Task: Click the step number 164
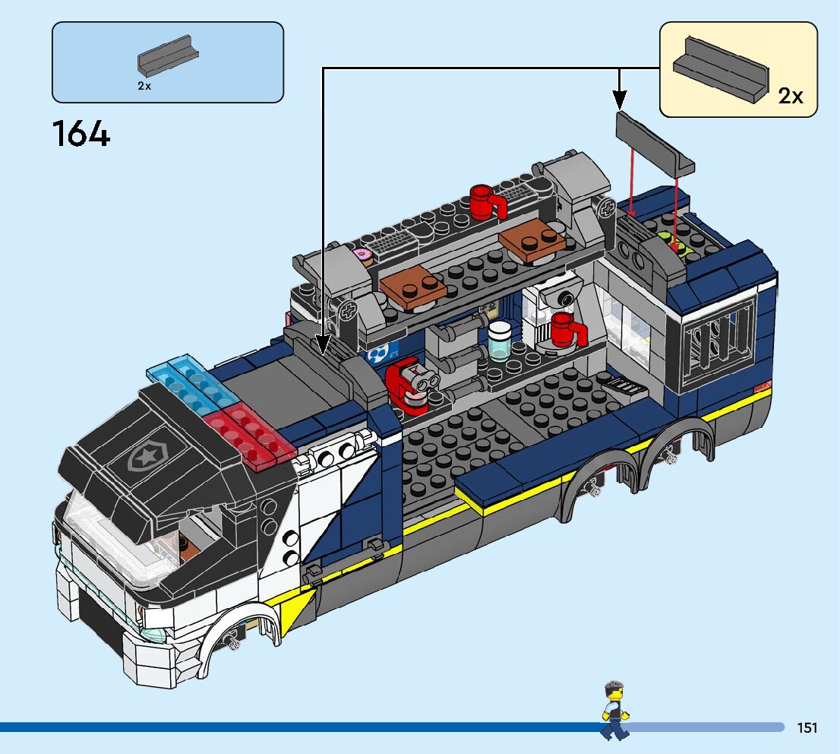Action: tap(81, 135)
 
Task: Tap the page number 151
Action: tap(807, 728)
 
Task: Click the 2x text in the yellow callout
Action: tap(790, 97)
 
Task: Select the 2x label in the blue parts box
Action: tap(144, 87)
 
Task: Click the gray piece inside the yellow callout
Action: tap(721, 69)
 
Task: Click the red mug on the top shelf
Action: tap(485, 201)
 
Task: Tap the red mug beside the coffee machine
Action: tap(567, 330)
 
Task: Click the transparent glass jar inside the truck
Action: tap(501, 340)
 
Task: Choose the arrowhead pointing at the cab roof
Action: tap(324, 345)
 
